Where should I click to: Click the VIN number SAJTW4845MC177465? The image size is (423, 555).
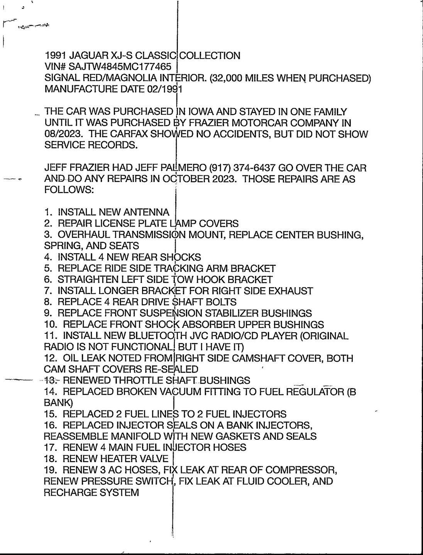120,67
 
